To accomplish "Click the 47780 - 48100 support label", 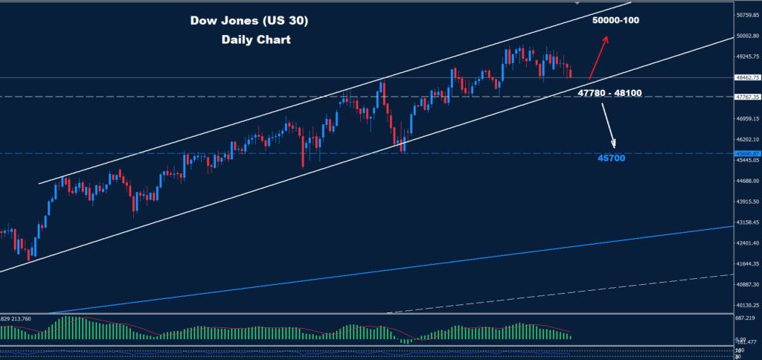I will click(609, 93).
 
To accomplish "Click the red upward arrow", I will click(598, 58).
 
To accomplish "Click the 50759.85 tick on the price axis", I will click(746, 14).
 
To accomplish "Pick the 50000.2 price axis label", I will click(746, 35).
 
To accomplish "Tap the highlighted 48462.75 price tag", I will click(746, 77).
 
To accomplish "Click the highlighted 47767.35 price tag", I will click(746, 97).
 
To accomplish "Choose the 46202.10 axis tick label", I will click(746, 139).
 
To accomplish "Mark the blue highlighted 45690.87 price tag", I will click(746, 153).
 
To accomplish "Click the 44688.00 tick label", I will click(746, 181).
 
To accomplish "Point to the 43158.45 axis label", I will click(746, 222).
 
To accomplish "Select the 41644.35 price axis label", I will click(746, 264).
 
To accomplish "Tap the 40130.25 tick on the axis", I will click(746, 306).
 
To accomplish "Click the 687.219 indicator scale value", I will click(746, 318).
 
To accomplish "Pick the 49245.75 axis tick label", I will click(746, 56).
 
